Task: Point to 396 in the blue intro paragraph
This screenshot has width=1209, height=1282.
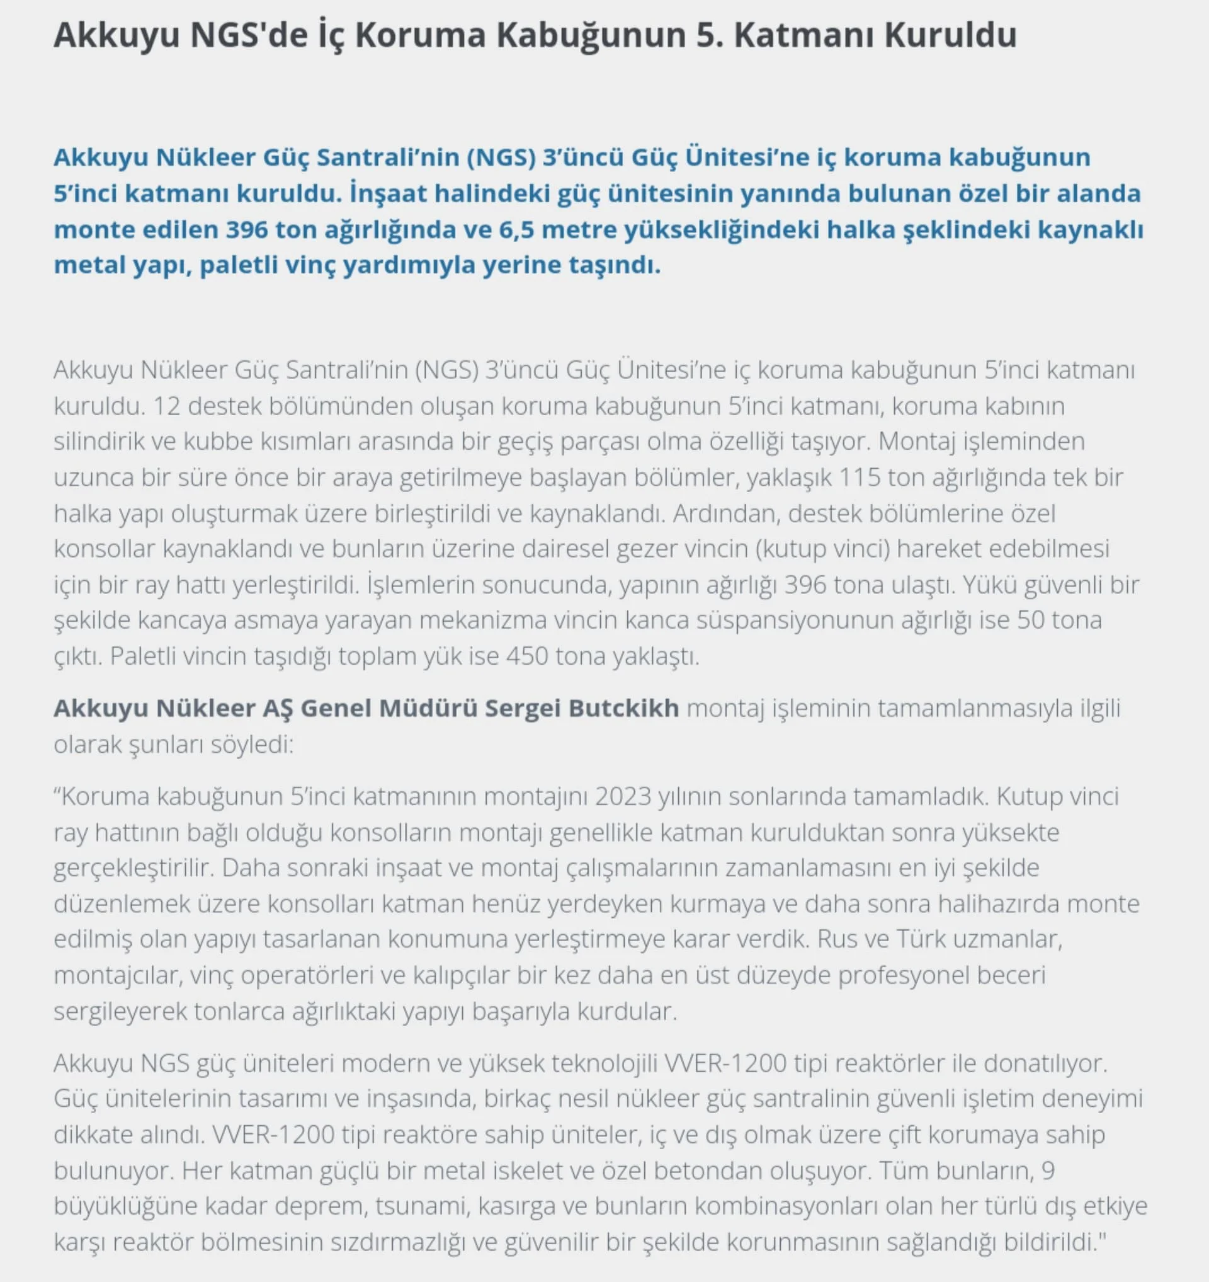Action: [247, 229]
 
